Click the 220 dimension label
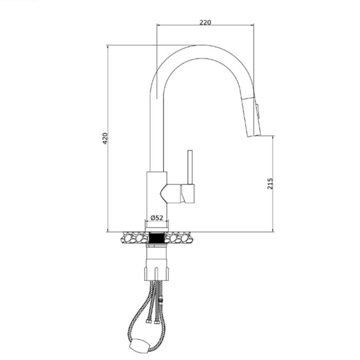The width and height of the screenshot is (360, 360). tap(205, 22)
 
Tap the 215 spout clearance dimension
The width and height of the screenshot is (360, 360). tap(271, 184)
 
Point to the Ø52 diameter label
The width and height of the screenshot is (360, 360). tap(157, 218)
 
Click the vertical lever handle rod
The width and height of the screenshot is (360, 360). tap(189, 167)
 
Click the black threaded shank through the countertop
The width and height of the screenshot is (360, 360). tap(157, 238)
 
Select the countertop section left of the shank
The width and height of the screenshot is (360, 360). tap(134, 238)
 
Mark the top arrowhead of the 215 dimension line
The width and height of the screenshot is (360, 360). tap(273, 138)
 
